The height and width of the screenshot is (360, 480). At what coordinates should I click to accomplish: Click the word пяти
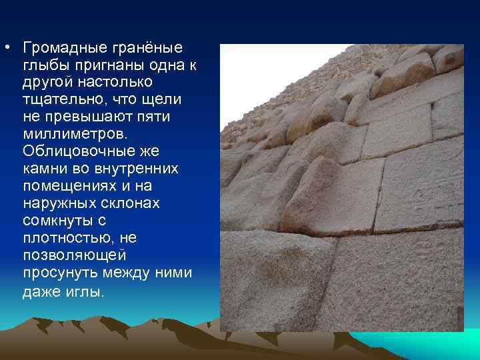pyautogui.click(x=151, y=117)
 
